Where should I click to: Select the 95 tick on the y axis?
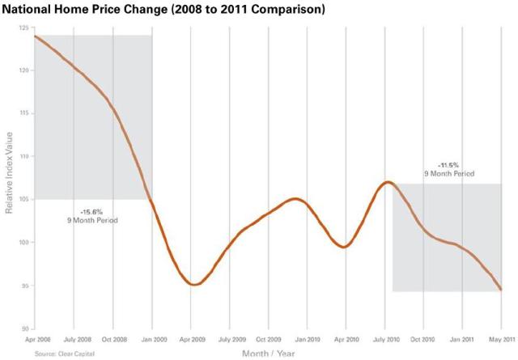[24, 286]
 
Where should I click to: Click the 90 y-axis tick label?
[24, 328]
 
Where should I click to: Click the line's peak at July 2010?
[388, 182]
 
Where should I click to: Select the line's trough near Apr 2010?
[345, 246]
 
